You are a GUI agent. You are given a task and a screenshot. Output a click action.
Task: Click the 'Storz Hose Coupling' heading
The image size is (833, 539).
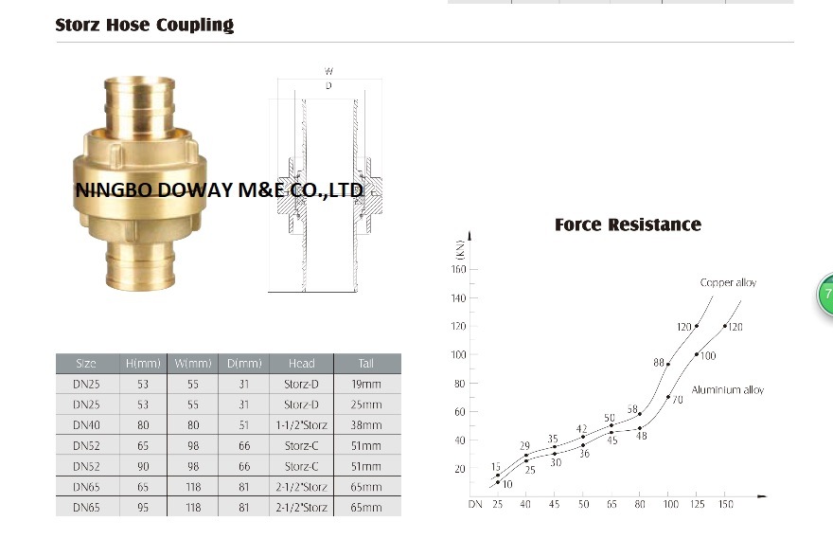tap(145, 25)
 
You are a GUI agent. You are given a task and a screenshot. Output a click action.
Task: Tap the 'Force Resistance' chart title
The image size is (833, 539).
tap(628, 225)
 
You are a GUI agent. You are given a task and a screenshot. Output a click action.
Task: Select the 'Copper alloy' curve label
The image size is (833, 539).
tap(728, 283)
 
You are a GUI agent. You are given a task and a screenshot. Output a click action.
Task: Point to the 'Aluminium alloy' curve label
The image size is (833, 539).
tap(727, 390)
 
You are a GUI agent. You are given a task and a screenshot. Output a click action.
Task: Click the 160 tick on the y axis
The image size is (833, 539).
tap(458, 269)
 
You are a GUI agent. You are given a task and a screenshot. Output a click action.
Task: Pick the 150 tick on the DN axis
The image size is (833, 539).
tap(726, 504)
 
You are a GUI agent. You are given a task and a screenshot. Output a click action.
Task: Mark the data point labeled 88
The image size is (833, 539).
tap(667, 364)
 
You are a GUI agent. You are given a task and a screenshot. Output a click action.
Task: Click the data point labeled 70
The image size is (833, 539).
tap(667, 397)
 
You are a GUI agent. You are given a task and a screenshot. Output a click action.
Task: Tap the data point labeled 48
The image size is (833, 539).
tap(640, 428)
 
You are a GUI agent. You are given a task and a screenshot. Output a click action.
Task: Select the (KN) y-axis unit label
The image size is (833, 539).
tap(460, 250)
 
